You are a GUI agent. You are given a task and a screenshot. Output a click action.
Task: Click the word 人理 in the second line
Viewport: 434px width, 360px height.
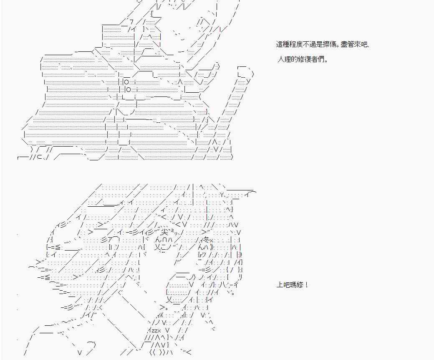pyautogui.click(x=283, y=59)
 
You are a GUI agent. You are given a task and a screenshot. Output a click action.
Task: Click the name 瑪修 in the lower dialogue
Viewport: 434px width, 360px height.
pyautogui.click(x=297, y=285)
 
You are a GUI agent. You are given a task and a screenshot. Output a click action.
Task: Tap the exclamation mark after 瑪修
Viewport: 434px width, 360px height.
pyautogui.click(x=307, y=285)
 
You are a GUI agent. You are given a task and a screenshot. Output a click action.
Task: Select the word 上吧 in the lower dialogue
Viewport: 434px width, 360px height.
pyautogui.click(x=283, y=285)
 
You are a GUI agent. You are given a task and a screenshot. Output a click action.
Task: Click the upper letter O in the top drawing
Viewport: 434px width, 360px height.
pyautogui.click(x=126, y=82)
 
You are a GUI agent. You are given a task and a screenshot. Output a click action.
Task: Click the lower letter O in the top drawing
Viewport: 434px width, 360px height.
pyautogui.click(x=129, y=90)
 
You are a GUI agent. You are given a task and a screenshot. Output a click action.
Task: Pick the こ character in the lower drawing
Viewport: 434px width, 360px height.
pyautogui.click(x=166, y=247)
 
